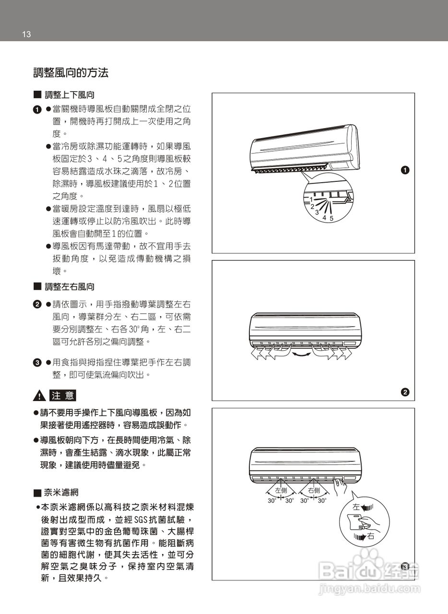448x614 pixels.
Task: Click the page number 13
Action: coord(26,34)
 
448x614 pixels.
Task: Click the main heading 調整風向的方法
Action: coord(71,73)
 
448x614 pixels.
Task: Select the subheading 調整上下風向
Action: coord(70,95)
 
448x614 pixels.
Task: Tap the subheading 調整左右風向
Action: coord(70,287)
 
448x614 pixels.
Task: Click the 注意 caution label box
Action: coord(63,396)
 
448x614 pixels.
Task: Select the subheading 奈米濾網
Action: coord(61,493)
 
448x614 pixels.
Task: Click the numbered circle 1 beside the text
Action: coord(36,110)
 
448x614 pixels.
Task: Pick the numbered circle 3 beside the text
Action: coord(36,363)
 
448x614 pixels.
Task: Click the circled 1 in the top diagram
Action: coord(405,170)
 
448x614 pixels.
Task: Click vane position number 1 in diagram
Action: coord(310,199)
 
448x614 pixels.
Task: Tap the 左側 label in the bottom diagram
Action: coord(281,490)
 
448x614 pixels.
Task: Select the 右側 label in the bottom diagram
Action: coord(314,490)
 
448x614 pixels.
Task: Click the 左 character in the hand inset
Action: coord(356,507)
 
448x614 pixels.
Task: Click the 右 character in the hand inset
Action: coord(371,536)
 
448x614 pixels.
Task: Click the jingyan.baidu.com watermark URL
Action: coord(369,589)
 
